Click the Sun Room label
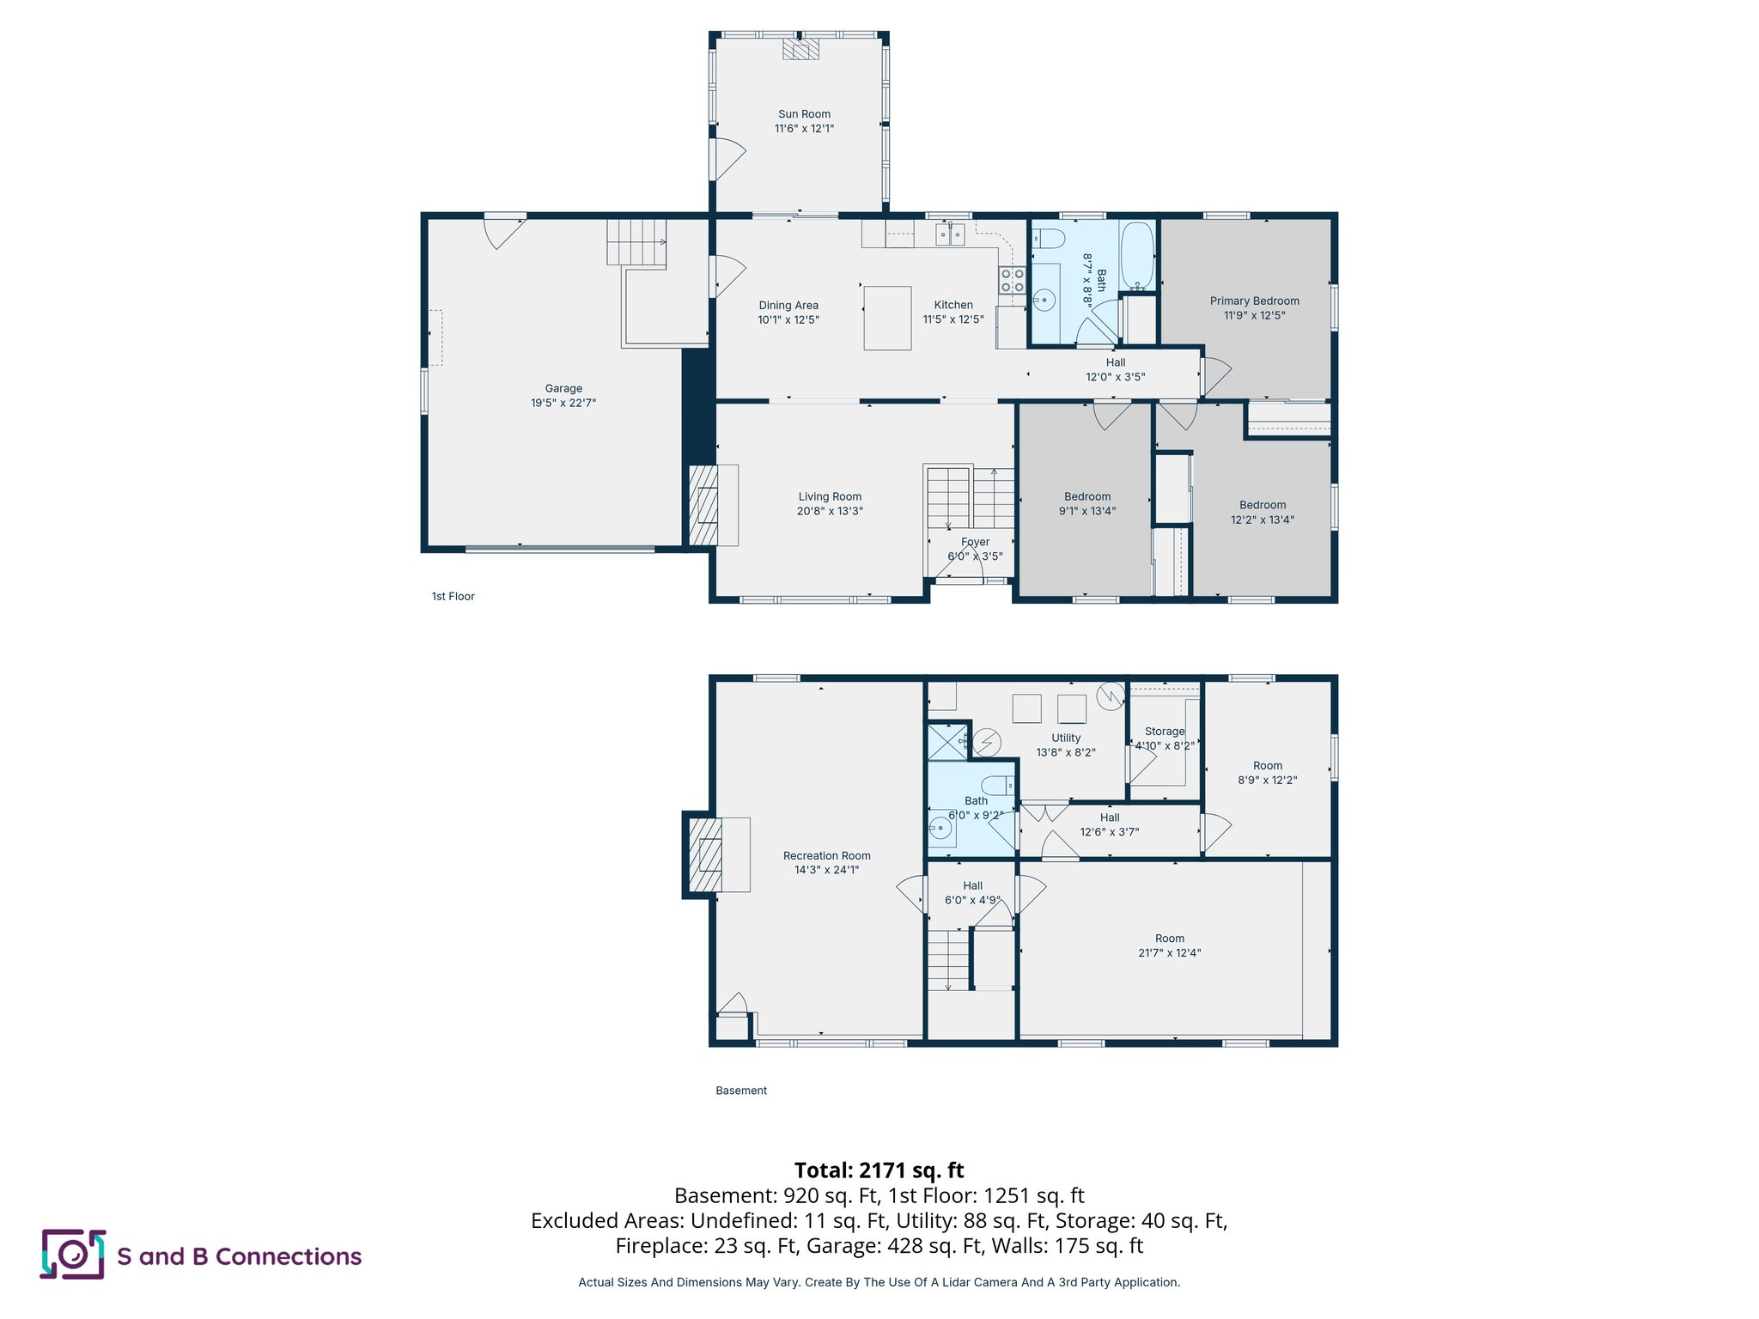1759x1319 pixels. tap(804, 114)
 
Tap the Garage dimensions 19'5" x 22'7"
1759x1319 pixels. tap(563, 403)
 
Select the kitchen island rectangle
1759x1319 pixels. tap(887, 319)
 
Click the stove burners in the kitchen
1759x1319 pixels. tap(1012, 280)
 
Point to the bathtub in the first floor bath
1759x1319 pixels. tap(1137, 256)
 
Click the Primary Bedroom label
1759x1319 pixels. tap(1254, 301)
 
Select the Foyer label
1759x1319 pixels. tap(975, 542)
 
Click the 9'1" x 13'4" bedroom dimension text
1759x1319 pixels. tap(1086, 511)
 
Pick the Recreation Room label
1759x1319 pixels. tap(826, 855)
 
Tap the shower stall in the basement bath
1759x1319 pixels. tap(946, 742)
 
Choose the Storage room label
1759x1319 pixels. tap(1164, 731)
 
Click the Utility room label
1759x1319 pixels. tap(1066, 738)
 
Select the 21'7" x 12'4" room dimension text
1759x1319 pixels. tap(1169, 953)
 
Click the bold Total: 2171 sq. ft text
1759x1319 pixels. tap(879, 1170)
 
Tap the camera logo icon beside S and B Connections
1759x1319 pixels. tap(73, 1255)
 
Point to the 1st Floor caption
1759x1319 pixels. tap(453, 596)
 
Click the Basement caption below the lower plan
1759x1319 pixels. tap(741, 1091)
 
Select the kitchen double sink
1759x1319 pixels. tap(950, 234)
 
